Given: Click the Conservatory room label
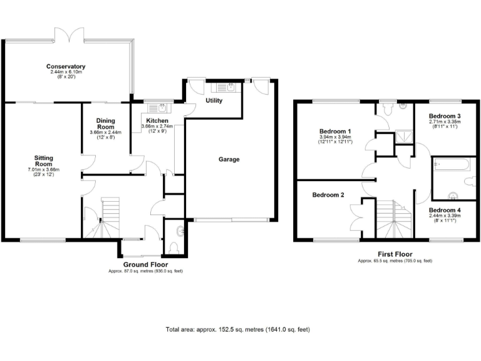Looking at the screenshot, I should pyautogui.click(x=66, y=66).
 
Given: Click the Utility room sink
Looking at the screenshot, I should pyautogui.click(x=230, y=88).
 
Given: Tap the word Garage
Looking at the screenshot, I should pyautogui.click(x=229, y=160).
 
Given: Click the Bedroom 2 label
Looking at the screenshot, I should pyautogui.click(x=328, y=195).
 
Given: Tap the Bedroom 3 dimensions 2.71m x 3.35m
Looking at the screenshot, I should pyautogui.click(x=445, y=124).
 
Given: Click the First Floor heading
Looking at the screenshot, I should pyautogui.click(x=394, y=254).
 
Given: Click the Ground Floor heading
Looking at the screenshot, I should pyautogui.click(x=146, y=264).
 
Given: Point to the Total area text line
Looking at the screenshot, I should pyautogui.click(x=237, y=329).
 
